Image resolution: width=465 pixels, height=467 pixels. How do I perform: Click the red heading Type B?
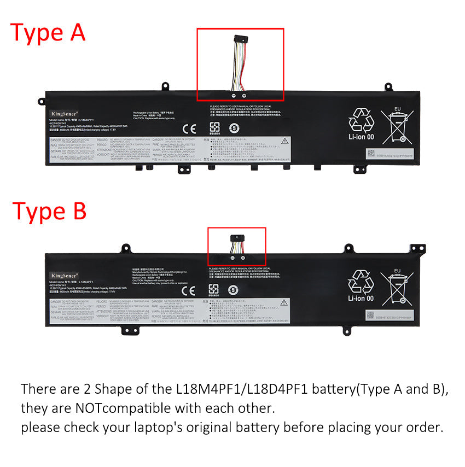(x=49, y=211)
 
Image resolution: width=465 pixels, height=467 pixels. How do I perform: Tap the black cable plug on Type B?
(x=237, y=237)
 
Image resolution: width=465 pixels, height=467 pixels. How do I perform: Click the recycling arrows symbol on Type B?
(x=362, y=281)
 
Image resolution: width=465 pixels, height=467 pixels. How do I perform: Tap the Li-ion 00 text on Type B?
(x=362, y=299)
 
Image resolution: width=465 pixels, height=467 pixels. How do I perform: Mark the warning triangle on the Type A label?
(x=284, y=141)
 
